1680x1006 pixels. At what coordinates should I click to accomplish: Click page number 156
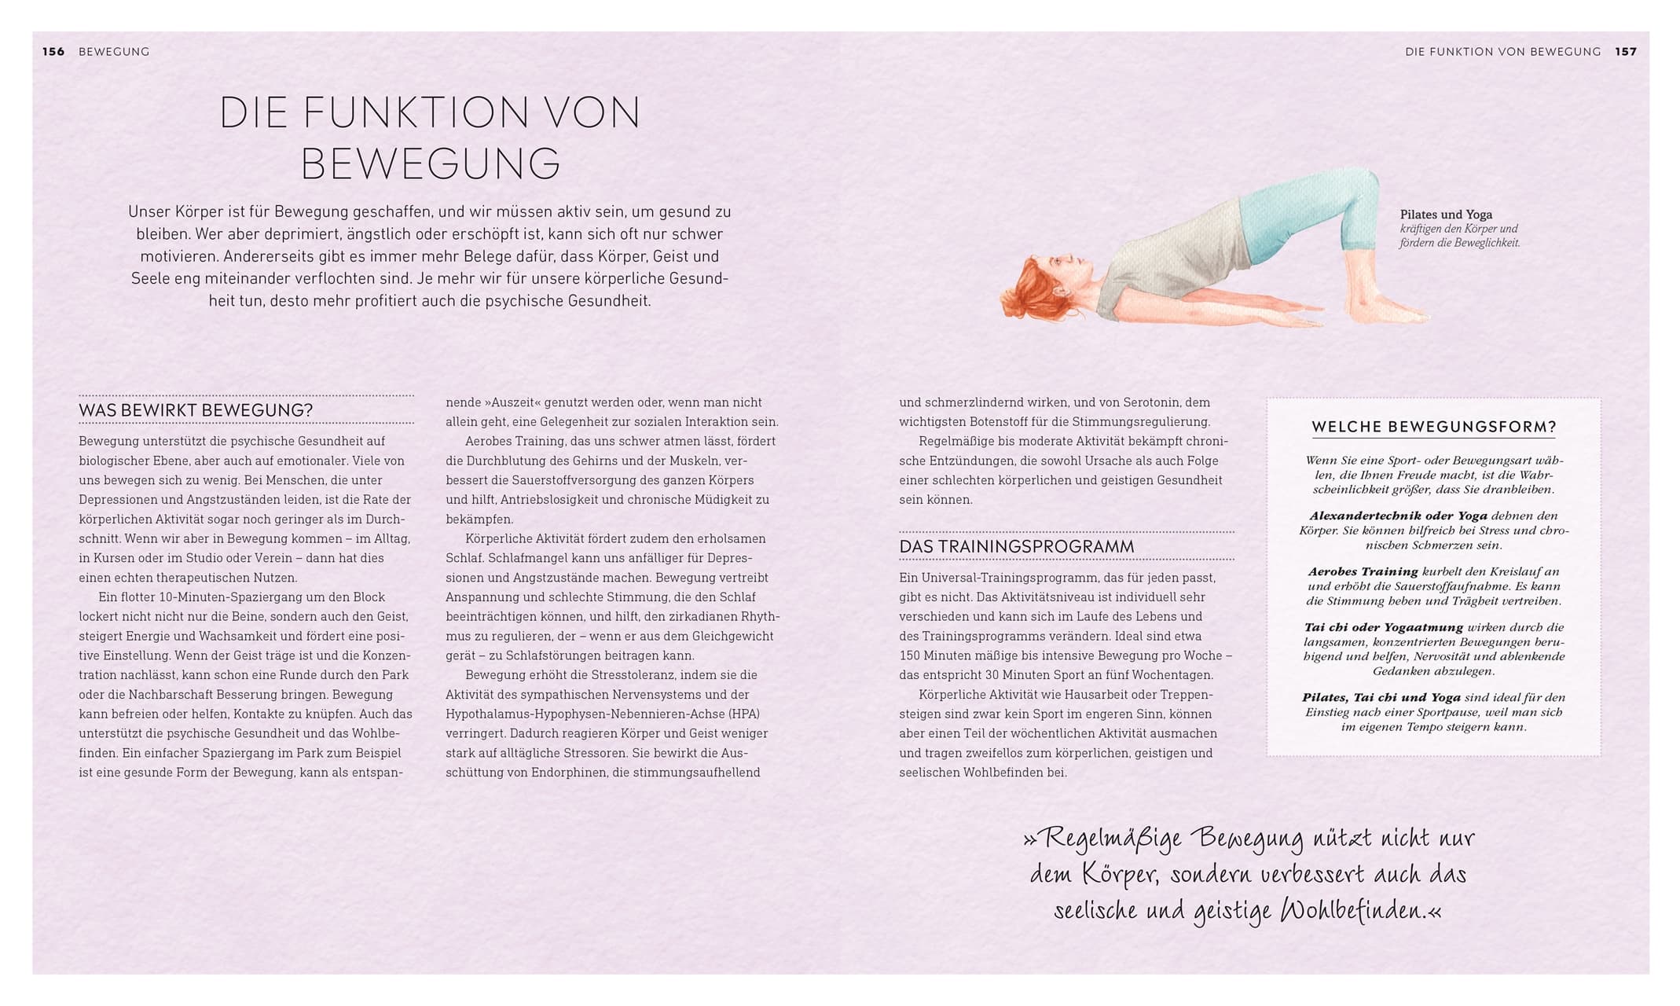(53, 52)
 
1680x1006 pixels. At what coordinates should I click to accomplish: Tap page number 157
(1626, 52)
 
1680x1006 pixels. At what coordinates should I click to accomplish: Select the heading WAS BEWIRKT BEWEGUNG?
(196, 410)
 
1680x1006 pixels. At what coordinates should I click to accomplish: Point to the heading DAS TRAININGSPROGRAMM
(1016, 546)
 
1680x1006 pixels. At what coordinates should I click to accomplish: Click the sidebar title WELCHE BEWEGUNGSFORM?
(1433, 428)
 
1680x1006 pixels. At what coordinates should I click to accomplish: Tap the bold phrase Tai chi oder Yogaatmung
(1383, 628)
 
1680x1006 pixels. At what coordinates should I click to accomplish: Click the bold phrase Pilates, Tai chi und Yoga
(1381, 698)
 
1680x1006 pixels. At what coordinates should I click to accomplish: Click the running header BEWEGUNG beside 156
(114, 52)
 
